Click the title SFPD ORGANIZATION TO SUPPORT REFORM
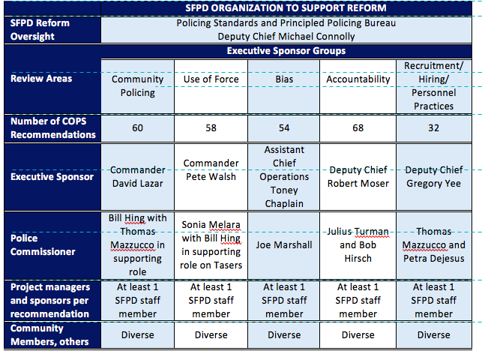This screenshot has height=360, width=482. pos(286,8)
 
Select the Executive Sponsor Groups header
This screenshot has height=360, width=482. pos(286,51)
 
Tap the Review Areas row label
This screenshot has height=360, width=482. pos(41,79)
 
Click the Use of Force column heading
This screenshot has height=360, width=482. pos(211,79)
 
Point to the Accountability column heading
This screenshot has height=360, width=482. pos(358,79)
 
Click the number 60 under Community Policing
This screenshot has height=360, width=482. pos(137,128)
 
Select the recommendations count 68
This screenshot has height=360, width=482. pos(358,128)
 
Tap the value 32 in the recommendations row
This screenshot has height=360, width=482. pos(434,128)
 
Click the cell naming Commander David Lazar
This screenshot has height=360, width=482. pos(137,177)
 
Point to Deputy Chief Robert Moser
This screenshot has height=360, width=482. pos(358,177)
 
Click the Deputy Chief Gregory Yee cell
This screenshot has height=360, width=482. pos(434,177)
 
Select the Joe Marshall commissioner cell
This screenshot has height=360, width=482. pos(284,245)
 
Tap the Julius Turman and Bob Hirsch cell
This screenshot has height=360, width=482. pos(358,245)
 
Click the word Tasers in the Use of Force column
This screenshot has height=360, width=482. pos(229,265)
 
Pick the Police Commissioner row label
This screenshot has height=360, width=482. pos(43,245)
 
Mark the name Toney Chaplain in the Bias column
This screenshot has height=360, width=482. pos(284,196)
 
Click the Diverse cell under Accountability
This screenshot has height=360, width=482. pos(358,334)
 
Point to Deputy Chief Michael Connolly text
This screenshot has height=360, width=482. pos(286,36)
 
